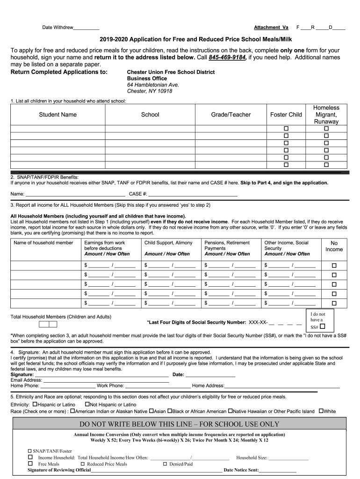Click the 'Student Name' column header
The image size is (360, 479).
tap(58, 115)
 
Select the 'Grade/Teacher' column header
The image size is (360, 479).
tap(230, 115)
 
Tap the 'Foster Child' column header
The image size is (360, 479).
tap(286, 115)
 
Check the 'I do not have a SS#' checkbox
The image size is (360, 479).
tap(323, 326)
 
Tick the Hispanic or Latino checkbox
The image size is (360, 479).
tap(35, 404)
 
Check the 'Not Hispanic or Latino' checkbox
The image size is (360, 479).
tap(87, 404)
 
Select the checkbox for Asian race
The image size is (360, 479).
tap(151, 411)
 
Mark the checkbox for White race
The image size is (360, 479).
tap(321, 411)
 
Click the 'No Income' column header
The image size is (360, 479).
tap(334, 247)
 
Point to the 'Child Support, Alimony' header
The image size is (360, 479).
tap(168, 243)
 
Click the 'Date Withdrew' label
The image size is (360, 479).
tap(58, 28)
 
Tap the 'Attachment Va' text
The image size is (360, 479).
tap(271, 28)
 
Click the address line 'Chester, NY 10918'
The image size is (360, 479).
tap(150, 91)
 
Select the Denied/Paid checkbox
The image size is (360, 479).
tap(165, 464)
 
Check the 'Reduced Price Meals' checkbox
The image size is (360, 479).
tap(82, 464)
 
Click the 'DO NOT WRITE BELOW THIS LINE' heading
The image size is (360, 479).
tap(180, 424)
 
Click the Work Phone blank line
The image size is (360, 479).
tap(158, 386)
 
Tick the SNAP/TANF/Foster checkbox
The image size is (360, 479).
tap(30, 451)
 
